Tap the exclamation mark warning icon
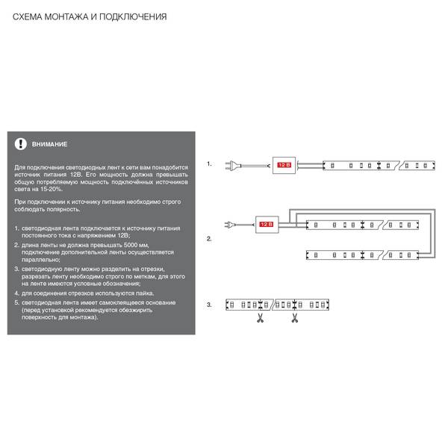click(21, 144)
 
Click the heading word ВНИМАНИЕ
click(50, 144)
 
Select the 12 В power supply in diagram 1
click(284, 165)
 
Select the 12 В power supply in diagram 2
click(267, 225)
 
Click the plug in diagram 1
click(233, 166)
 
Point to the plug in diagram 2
click(230, 225)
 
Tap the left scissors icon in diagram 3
click(260, 318)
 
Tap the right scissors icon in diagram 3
click(295, 318)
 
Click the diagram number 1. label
click(209, 164)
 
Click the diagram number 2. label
click(209, 239)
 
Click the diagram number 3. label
click(209, 305)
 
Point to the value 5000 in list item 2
click(131, 245)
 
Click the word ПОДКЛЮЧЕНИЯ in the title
click(133, 17)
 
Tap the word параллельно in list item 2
click(40, 260)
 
